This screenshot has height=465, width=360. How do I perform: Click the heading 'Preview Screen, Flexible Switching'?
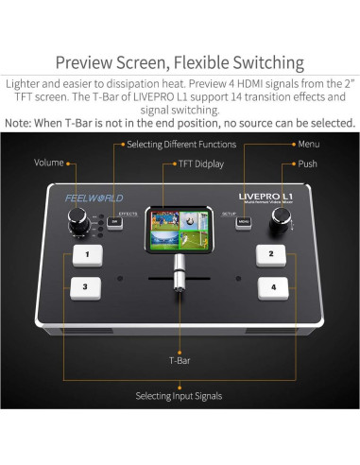tap(180, 63)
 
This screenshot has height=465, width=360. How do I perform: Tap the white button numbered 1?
tap(87, 255)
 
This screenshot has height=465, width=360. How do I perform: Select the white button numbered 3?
tap(85, 286)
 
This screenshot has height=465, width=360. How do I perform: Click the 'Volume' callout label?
tap(49, 163)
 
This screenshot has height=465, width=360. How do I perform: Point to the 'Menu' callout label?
tap(309, 145)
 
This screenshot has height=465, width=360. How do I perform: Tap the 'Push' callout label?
tap(307, 163)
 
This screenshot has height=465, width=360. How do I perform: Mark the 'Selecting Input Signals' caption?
tap(180, 395)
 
